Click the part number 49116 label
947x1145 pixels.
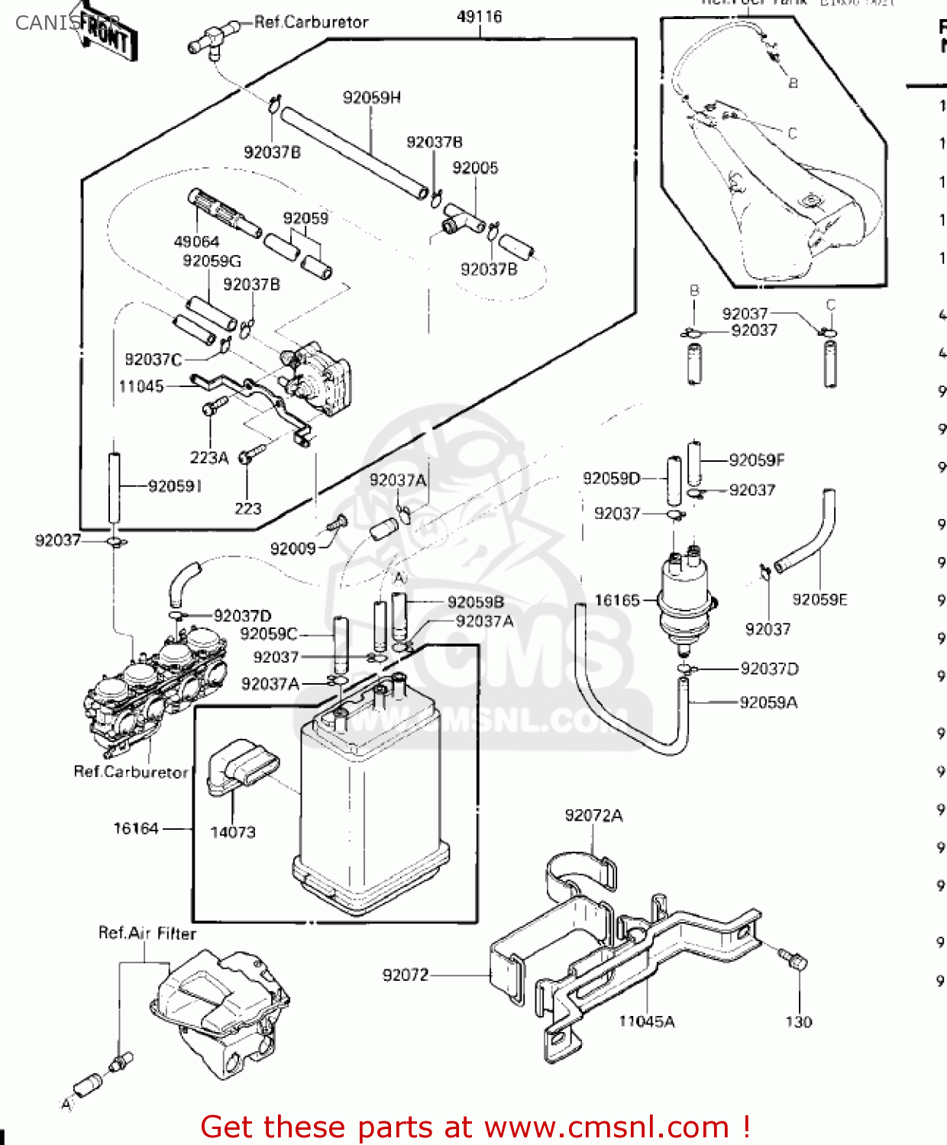coord(479,16)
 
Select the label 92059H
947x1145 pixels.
coord(372,98)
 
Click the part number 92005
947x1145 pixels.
coord(475,168)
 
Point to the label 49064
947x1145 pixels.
coord(196,241)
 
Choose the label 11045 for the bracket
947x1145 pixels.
coord(141,386)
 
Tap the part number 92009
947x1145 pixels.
coord(293,548)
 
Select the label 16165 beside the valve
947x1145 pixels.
coord(617,600)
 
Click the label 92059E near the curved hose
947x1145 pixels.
coord(819,599)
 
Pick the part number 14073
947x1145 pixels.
coord(233,832)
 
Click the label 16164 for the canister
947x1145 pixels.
coord(136,828)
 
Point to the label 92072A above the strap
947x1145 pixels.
coord(593,815)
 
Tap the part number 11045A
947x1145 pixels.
coord(646,1021)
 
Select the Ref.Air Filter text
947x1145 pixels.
coord(147,933)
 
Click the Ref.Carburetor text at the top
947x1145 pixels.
coord(311,22)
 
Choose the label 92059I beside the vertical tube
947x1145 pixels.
coord(175,486)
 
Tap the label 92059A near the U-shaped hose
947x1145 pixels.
coord(768,702)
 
